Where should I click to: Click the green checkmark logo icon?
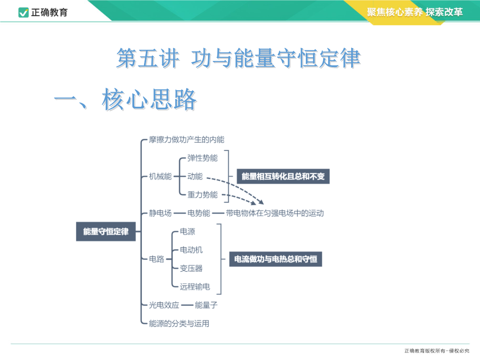pyautogui.click(x=24, y=12)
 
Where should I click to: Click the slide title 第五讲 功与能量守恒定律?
pyautogui.click(x=239, y=58)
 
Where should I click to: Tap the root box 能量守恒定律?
pyautogui.click(x=106, y=232)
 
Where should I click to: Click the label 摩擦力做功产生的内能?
pyautogui.click(x=186, y=140)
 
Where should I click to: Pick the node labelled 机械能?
pyautogui.click(x=160, y=176)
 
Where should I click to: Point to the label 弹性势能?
pyautogui.click(x=202, y=158)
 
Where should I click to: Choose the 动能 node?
pyautogui.click(x=195, y=176)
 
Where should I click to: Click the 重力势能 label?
pyautogui.click(x=202, y=195)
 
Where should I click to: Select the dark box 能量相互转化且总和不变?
pyautogui.click(x=283, y=176)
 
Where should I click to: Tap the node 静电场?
pyautogui.click(x=160, y=213)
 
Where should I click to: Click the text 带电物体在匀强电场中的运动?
pyautogui.click(x=275, y=213)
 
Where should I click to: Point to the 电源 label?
pyautogui.click(x=188, y=232)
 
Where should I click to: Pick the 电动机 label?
pyautogui.click(x=191, y=250)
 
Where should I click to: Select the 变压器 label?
pyautogui.click(x=191, y=268)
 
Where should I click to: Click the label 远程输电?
pyautogui.click(x=195, y=287)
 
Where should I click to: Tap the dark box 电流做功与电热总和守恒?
pyautogui.click(x=276, y=259)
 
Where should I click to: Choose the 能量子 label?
pyautogui.click(x=206, y=305)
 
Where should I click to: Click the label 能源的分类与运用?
pyautogui.click(x=179, y=323)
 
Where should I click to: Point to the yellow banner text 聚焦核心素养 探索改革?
pyautogui.click(x=415, y=12)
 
